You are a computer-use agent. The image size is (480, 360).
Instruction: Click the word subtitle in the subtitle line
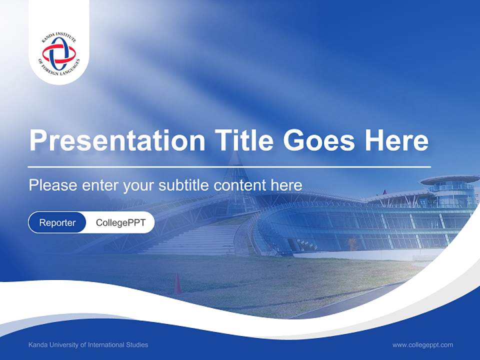pyautogui.click(x=184, y=185)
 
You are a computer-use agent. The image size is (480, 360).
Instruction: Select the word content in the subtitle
pyautogui.click(x=240, y=185)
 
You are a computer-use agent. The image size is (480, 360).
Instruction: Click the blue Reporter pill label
pyautogui.click(x=57, y=222)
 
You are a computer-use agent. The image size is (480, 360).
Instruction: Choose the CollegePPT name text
pyautogui.click(x=120, y=222)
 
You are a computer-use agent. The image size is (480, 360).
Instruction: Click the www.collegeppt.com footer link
pyautogui.click(x=422, y=345)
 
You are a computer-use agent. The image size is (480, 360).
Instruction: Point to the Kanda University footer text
pyautogui.click(x=88, y=345)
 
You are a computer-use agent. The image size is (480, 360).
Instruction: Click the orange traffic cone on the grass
pyautogui.click(x=177, y=283)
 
